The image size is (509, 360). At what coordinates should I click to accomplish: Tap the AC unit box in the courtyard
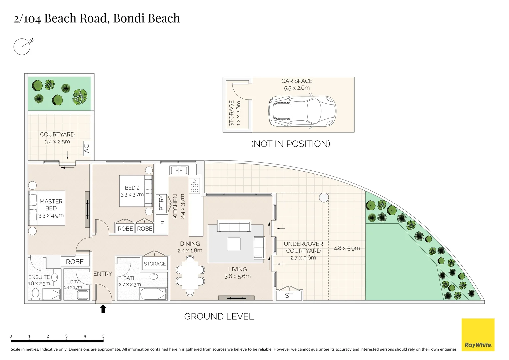click(87, 148)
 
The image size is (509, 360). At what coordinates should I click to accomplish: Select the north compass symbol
click(22, 47)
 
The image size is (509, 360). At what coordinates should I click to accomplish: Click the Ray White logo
click(478, 335)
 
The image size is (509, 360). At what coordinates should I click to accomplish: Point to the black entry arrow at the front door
click(103, 309)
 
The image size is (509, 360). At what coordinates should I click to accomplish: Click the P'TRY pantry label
click(161, 203)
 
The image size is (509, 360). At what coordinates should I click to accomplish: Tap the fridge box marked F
click(162, 224)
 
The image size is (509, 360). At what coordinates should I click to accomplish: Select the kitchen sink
click(179, 171)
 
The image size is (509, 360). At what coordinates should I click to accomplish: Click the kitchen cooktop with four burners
click(194, 186)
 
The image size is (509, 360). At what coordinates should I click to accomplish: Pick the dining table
click(190, 276)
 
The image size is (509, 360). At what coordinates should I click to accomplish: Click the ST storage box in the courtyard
click(289, 295)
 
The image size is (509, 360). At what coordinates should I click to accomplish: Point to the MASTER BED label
click(51, 205)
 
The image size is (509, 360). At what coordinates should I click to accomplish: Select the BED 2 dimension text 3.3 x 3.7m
click(132, 195)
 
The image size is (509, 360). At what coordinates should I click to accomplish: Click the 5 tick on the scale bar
click(103, 336)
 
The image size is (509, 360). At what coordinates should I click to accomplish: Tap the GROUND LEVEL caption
click(219, 316)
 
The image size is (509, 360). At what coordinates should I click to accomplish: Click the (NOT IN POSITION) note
click(290, 144)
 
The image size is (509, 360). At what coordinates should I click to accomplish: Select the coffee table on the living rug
click(234, 244)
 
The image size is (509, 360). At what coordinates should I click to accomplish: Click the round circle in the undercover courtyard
click(324, 198)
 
